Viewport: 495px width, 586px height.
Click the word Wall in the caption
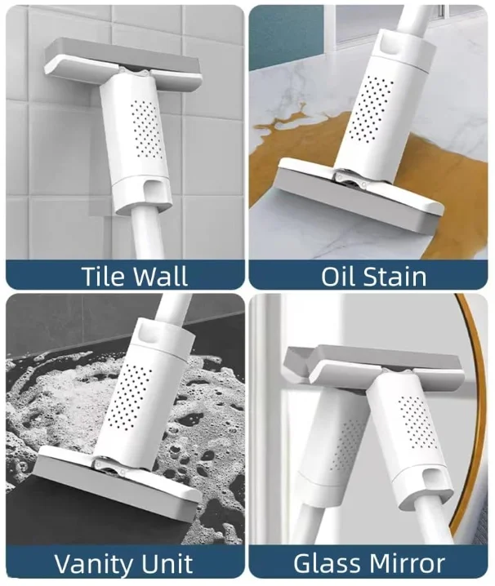coord(162,275)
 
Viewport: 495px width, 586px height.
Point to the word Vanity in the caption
coord(89,563)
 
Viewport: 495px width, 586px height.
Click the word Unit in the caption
coord(167,563)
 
